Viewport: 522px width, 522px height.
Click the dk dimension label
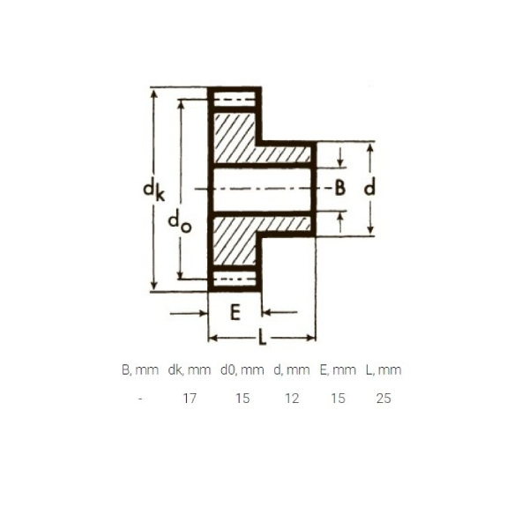(153, 190)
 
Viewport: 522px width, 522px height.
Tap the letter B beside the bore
(339, 188)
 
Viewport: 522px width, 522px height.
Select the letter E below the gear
(235, 311)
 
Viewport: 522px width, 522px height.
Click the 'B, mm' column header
(138, 370)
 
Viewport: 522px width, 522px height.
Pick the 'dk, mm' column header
(190, 370)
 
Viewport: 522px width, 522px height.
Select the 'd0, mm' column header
(242, 370)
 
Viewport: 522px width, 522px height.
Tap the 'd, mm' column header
(292, 370)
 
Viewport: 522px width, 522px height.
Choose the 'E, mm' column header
(338, 370)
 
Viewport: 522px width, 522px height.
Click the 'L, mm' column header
(383, 370)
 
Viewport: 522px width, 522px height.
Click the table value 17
(190, 398)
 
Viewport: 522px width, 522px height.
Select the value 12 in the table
(292, 398)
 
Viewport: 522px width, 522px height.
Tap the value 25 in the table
(383, 398)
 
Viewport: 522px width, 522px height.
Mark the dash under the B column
(140, 398)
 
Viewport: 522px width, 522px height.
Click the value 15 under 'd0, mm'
(242, 398)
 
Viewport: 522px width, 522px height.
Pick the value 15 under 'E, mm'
(338, 398)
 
